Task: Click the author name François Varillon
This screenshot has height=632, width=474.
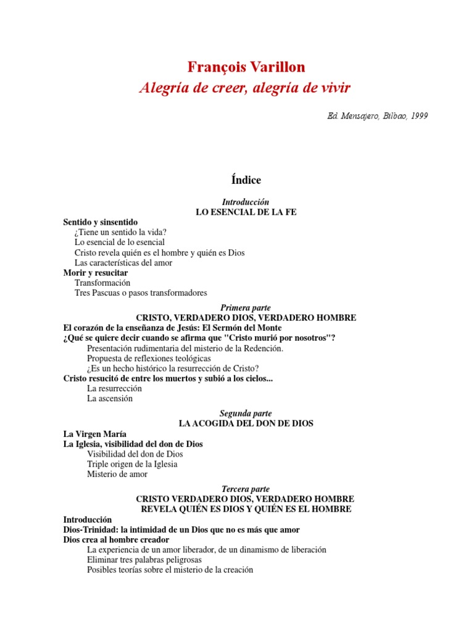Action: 246,67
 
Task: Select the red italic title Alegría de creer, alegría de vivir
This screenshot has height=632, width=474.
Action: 245,88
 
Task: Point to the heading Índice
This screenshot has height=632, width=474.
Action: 246,180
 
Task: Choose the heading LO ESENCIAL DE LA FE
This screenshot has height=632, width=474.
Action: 246,212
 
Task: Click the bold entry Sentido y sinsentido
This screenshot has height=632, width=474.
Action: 101,222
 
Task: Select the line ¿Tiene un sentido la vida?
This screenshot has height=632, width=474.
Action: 120,232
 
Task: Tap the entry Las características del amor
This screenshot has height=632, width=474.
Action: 123,262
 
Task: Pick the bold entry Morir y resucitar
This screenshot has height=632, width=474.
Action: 96,273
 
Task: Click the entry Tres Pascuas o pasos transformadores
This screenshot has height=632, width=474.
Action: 141,293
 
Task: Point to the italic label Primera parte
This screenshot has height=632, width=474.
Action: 246,307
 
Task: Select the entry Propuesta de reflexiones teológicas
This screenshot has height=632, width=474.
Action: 149,358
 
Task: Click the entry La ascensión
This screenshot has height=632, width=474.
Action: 110,398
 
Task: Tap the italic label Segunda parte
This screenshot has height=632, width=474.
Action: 246,413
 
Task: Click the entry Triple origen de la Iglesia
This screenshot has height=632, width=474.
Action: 132,464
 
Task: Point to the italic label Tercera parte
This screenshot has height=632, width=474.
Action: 246,489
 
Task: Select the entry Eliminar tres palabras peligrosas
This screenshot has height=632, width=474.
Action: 148,560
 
